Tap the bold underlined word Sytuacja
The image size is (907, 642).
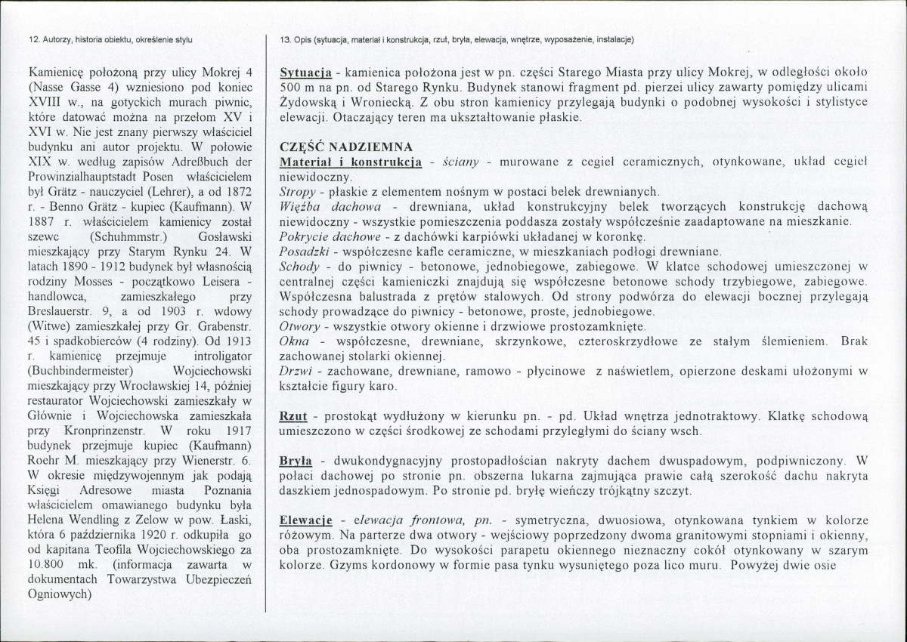(x=307, y=73)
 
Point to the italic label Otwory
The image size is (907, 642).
(x=300, y=327)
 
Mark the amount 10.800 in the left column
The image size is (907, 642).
(x=48, y=564)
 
